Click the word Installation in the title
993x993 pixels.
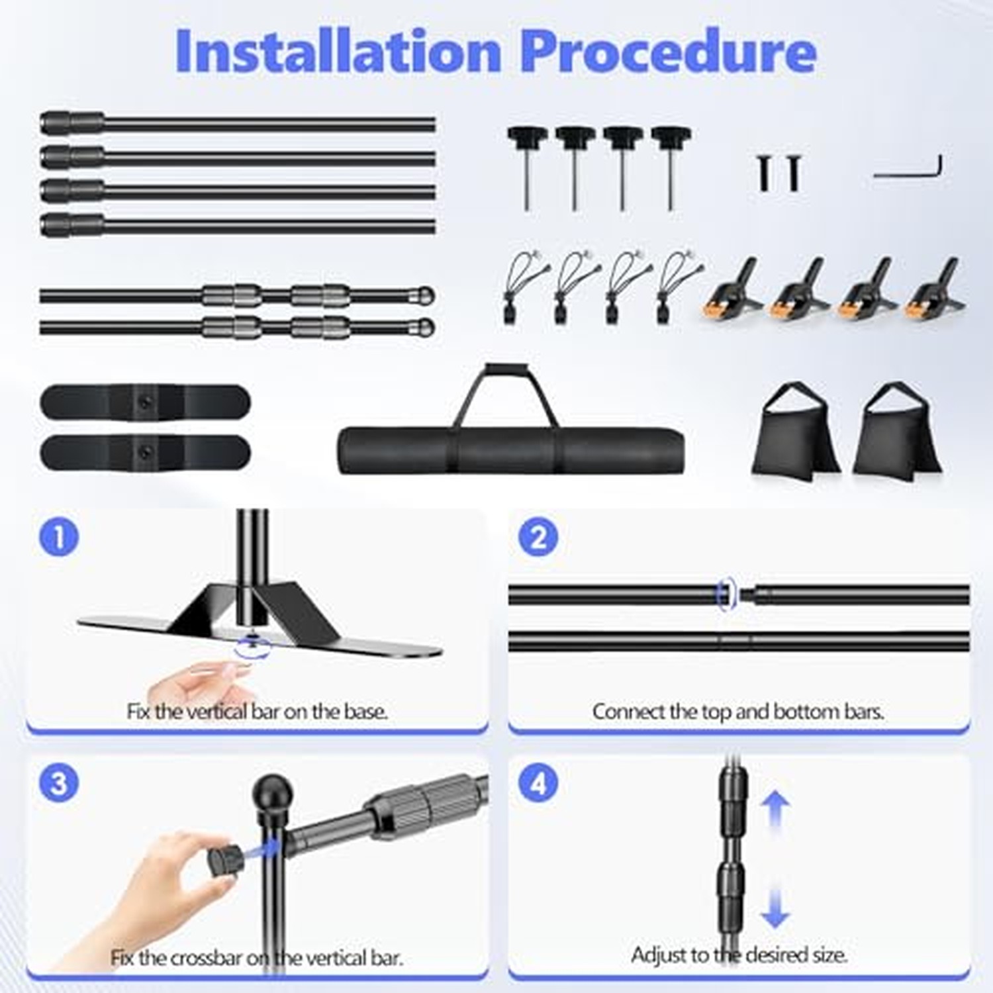[338, 51]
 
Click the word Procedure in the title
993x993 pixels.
[669, 52]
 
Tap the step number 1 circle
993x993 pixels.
[59, 536]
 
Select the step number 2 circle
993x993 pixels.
[538, 536]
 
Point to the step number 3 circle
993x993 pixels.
[59, 782]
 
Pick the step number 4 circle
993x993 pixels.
[538, 782]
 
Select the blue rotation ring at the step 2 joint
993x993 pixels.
[726, 594]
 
